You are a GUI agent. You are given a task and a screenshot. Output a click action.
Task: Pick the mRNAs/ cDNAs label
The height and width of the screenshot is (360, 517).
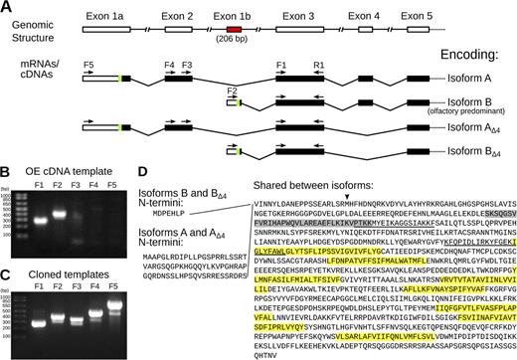coord(29,71)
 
